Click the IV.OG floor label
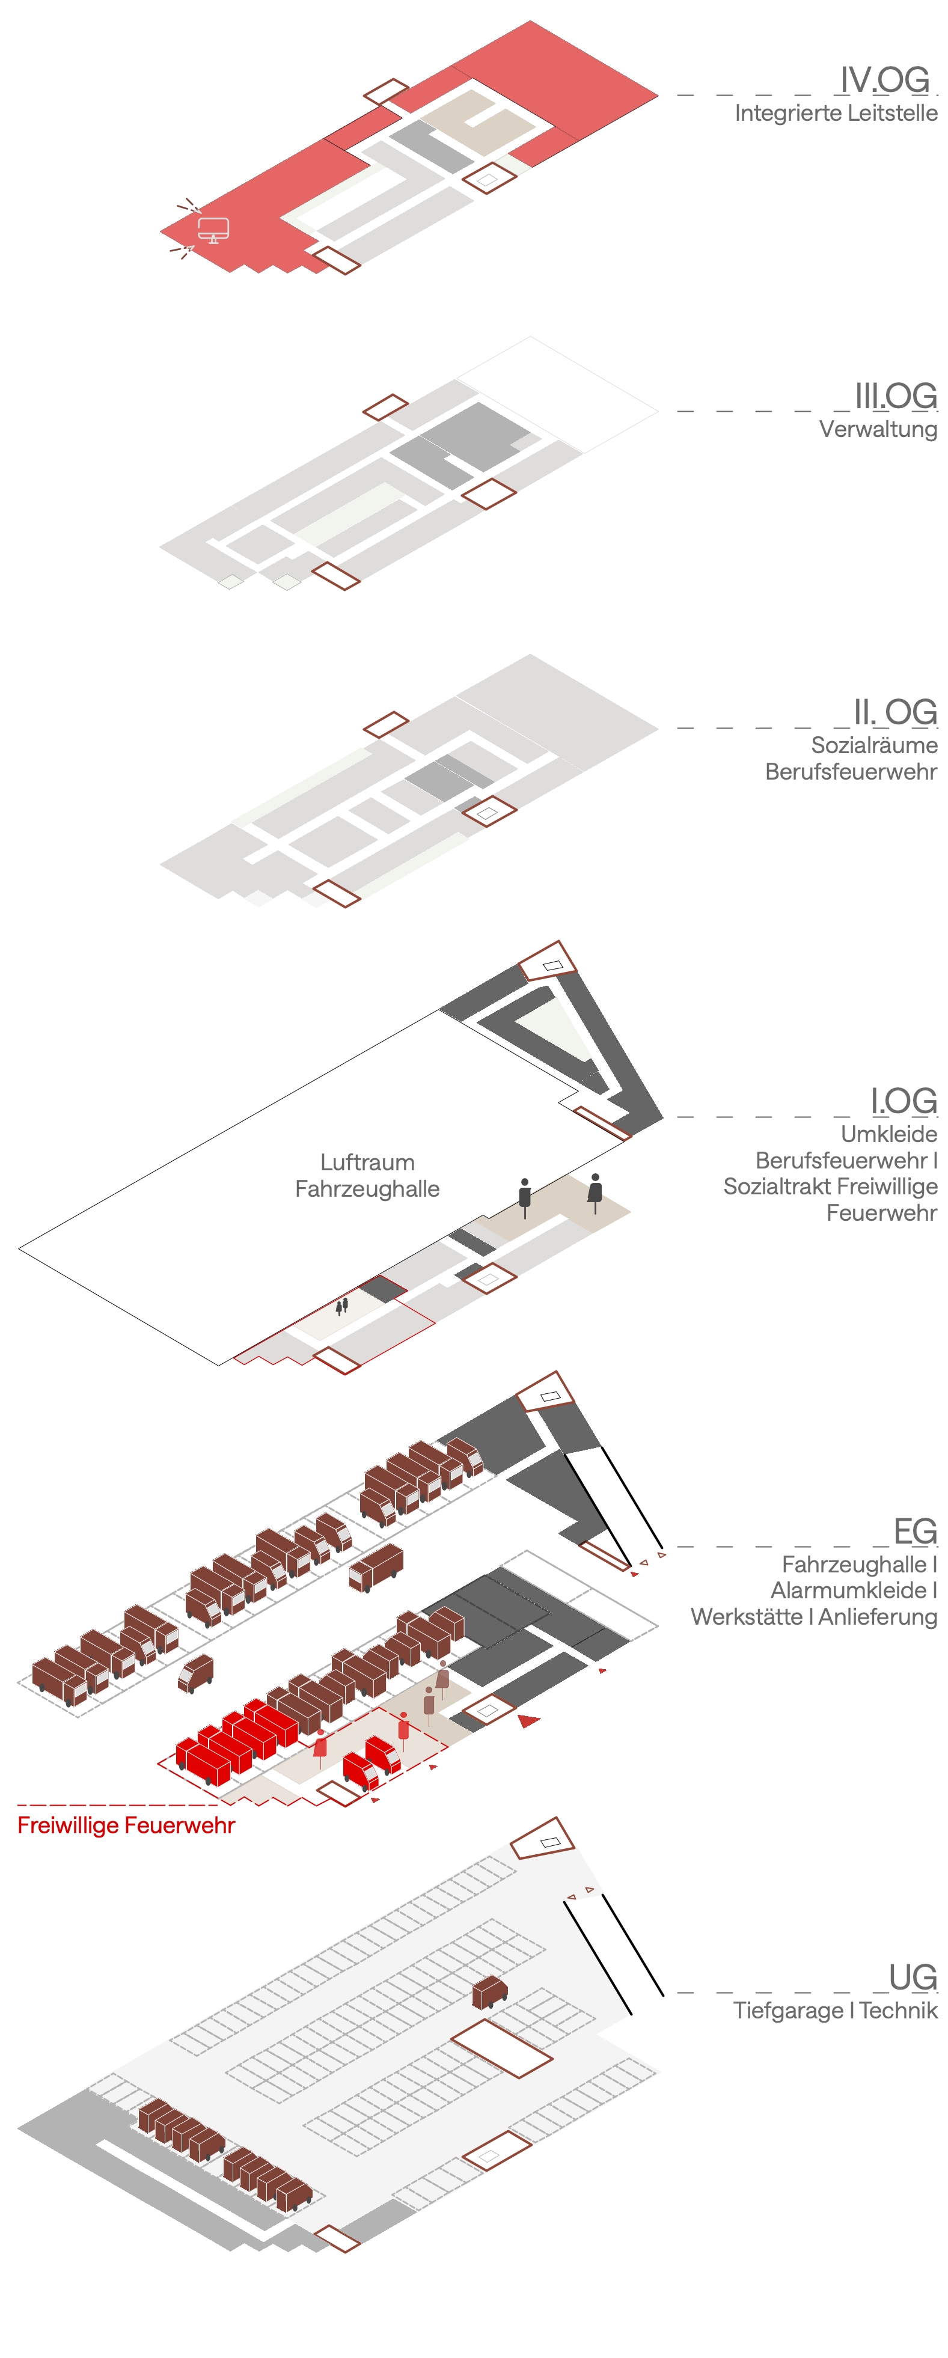(x=885, y=81)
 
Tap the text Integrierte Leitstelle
(x=836, y=114)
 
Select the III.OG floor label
(x=895, y=396)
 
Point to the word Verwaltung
(x=878, y=429)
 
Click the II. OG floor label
(x=894, y=712)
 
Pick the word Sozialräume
(x=874, y=745)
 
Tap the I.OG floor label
(x=903, y=1101)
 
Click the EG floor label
(x=915, y=1532)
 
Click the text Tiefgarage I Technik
(x=834, y=2011)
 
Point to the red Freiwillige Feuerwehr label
(x=126, y=1825)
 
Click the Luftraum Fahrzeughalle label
(x=367, y=1175)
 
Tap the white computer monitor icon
(x=213, y=230)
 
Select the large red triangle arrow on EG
(x=528, y=1721)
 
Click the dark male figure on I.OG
(x=524, y=1196)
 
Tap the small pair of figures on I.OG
(x=342, y=1306)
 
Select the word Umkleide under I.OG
(x=888, y=1134)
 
